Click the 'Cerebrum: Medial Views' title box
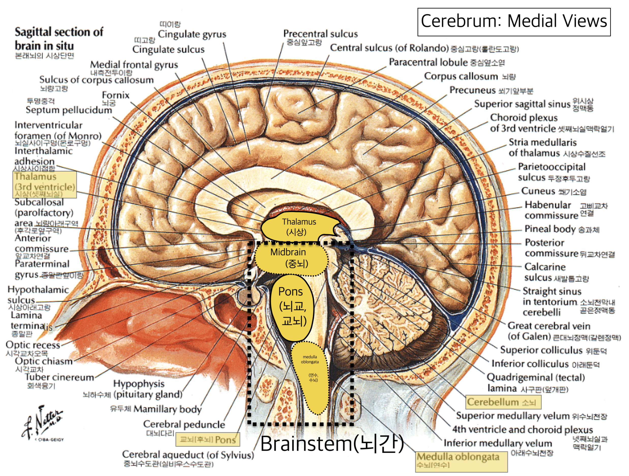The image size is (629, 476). (514, 22)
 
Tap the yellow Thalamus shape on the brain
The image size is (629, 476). (297, 227)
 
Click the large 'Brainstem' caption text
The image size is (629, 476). (332, 444)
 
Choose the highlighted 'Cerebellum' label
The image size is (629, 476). (503, 402)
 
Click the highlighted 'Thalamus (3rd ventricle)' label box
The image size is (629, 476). (45, 184)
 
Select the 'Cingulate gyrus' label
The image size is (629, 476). (192, 34)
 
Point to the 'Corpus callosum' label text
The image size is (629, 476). (461, 76)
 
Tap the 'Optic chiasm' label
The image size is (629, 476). (44, 361)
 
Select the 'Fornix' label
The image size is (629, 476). (115, 95)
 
